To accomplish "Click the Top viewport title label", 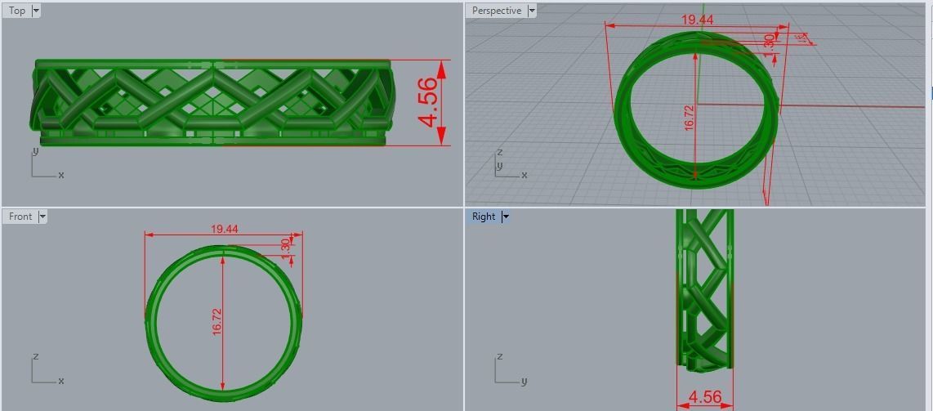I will click(17, 11).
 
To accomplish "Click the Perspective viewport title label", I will click(496, 11).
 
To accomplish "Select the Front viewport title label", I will click(20, 217).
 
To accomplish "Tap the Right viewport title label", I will click(484, 217).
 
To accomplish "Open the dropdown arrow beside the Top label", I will click(36, 11).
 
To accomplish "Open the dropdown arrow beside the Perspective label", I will click(532, 11).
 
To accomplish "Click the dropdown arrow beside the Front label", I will click(42, 217).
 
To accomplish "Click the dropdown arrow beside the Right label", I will click(506, 217).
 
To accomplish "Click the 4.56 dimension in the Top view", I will click(427, 103).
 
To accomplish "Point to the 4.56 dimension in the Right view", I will click(704, 398).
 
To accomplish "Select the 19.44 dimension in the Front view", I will click(224, 229).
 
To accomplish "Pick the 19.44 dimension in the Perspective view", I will click(697, 20).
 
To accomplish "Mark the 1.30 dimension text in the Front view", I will click(285, 245).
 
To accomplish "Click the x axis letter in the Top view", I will click(61, 175).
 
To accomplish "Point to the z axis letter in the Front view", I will click(35, 357).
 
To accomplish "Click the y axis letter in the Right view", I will click(524, 381).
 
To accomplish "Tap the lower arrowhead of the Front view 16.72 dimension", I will click(223, 386).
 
